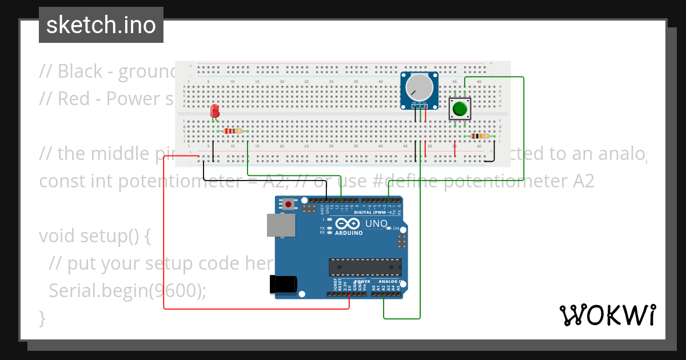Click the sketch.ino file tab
tap(101, 25)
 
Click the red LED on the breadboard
tap(215, 111)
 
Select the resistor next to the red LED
tap(232, 131)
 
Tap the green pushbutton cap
tap(460, 108)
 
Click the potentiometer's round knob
tap(420, 87)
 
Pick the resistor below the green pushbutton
tap(479, 136)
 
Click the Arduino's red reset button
tap(289, 203)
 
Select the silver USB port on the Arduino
tap(281, 225)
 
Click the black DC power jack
tap(284, 284)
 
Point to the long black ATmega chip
tap(365, 267)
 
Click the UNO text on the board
tap(376, 223)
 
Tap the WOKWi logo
tap(607, 315)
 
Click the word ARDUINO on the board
tap(349, 233)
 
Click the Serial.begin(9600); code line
tap(127, 291)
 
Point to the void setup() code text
tap(94, 236)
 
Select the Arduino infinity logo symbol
tap(348, 223)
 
